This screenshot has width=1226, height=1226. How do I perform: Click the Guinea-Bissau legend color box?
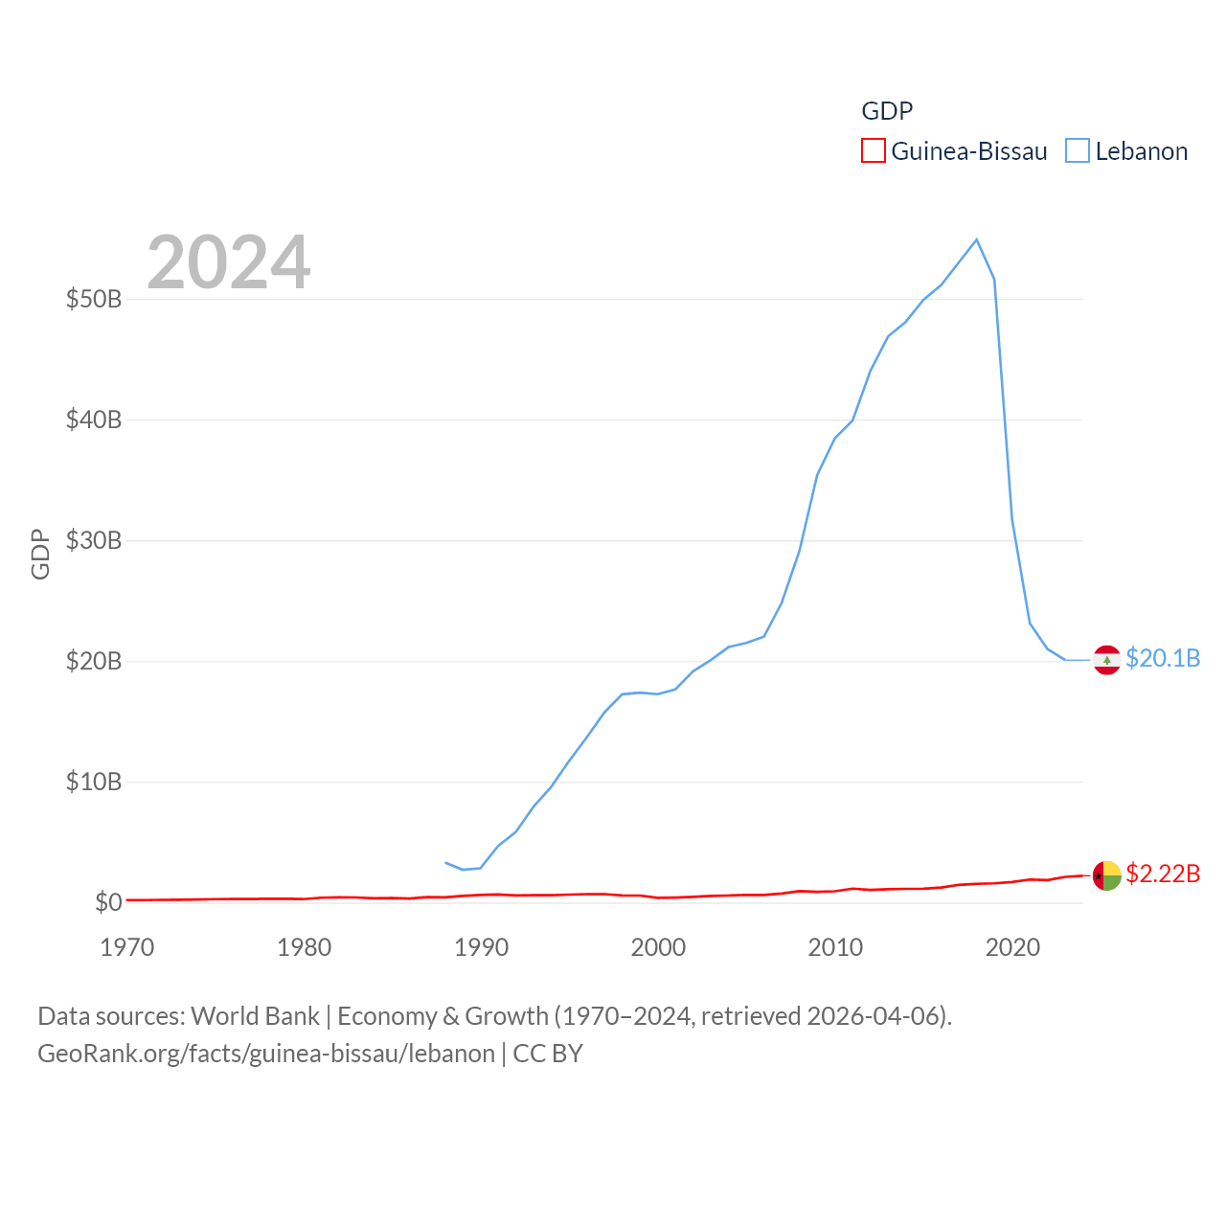point(873,151)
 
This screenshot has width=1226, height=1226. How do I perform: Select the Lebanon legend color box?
point(1078,151)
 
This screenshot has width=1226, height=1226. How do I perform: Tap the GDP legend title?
point(887,111)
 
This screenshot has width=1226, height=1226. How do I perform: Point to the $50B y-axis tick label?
point(94,299)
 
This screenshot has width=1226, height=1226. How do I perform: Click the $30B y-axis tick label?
point(94,540)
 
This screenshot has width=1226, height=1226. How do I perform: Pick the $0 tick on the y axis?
point(108,902)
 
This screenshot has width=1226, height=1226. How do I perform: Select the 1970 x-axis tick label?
point(127,947)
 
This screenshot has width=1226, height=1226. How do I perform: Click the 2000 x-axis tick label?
point(658,947)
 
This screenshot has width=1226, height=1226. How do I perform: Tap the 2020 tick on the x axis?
point(1012,947)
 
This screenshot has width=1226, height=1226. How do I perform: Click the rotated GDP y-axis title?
point(40,554)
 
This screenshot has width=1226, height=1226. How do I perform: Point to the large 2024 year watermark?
point(228,262)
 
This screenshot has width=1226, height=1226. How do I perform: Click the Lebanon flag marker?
point(1106,660)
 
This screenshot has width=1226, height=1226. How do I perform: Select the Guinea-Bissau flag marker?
point(1106,875)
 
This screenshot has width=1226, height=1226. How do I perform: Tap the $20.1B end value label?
point(1163,658)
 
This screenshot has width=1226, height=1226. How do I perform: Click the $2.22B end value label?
point(1163,874)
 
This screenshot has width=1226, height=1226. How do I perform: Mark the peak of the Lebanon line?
point(976,239)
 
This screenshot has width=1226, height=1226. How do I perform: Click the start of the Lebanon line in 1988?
point(445,862)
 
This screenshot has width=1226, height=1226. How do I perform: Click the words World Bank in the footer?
point(255,1015)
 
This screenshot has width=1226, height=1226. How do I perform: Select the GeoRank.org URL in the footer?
point(266,1054)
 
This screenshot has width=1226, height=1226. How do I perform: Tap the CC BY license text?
point(548,1054)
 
